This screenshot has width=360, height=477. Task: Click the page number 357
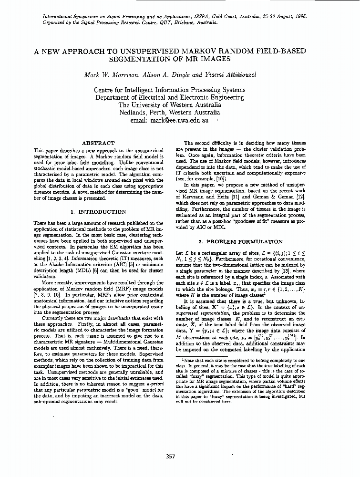pyautogui.click(x=170, y=456)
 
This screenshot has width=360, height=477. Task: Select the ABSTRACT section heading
pyautogui.click(x=98, y=143)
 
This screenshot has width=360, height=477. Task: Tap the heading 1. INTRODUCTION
pyautogui.click(x=98, y=211)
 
